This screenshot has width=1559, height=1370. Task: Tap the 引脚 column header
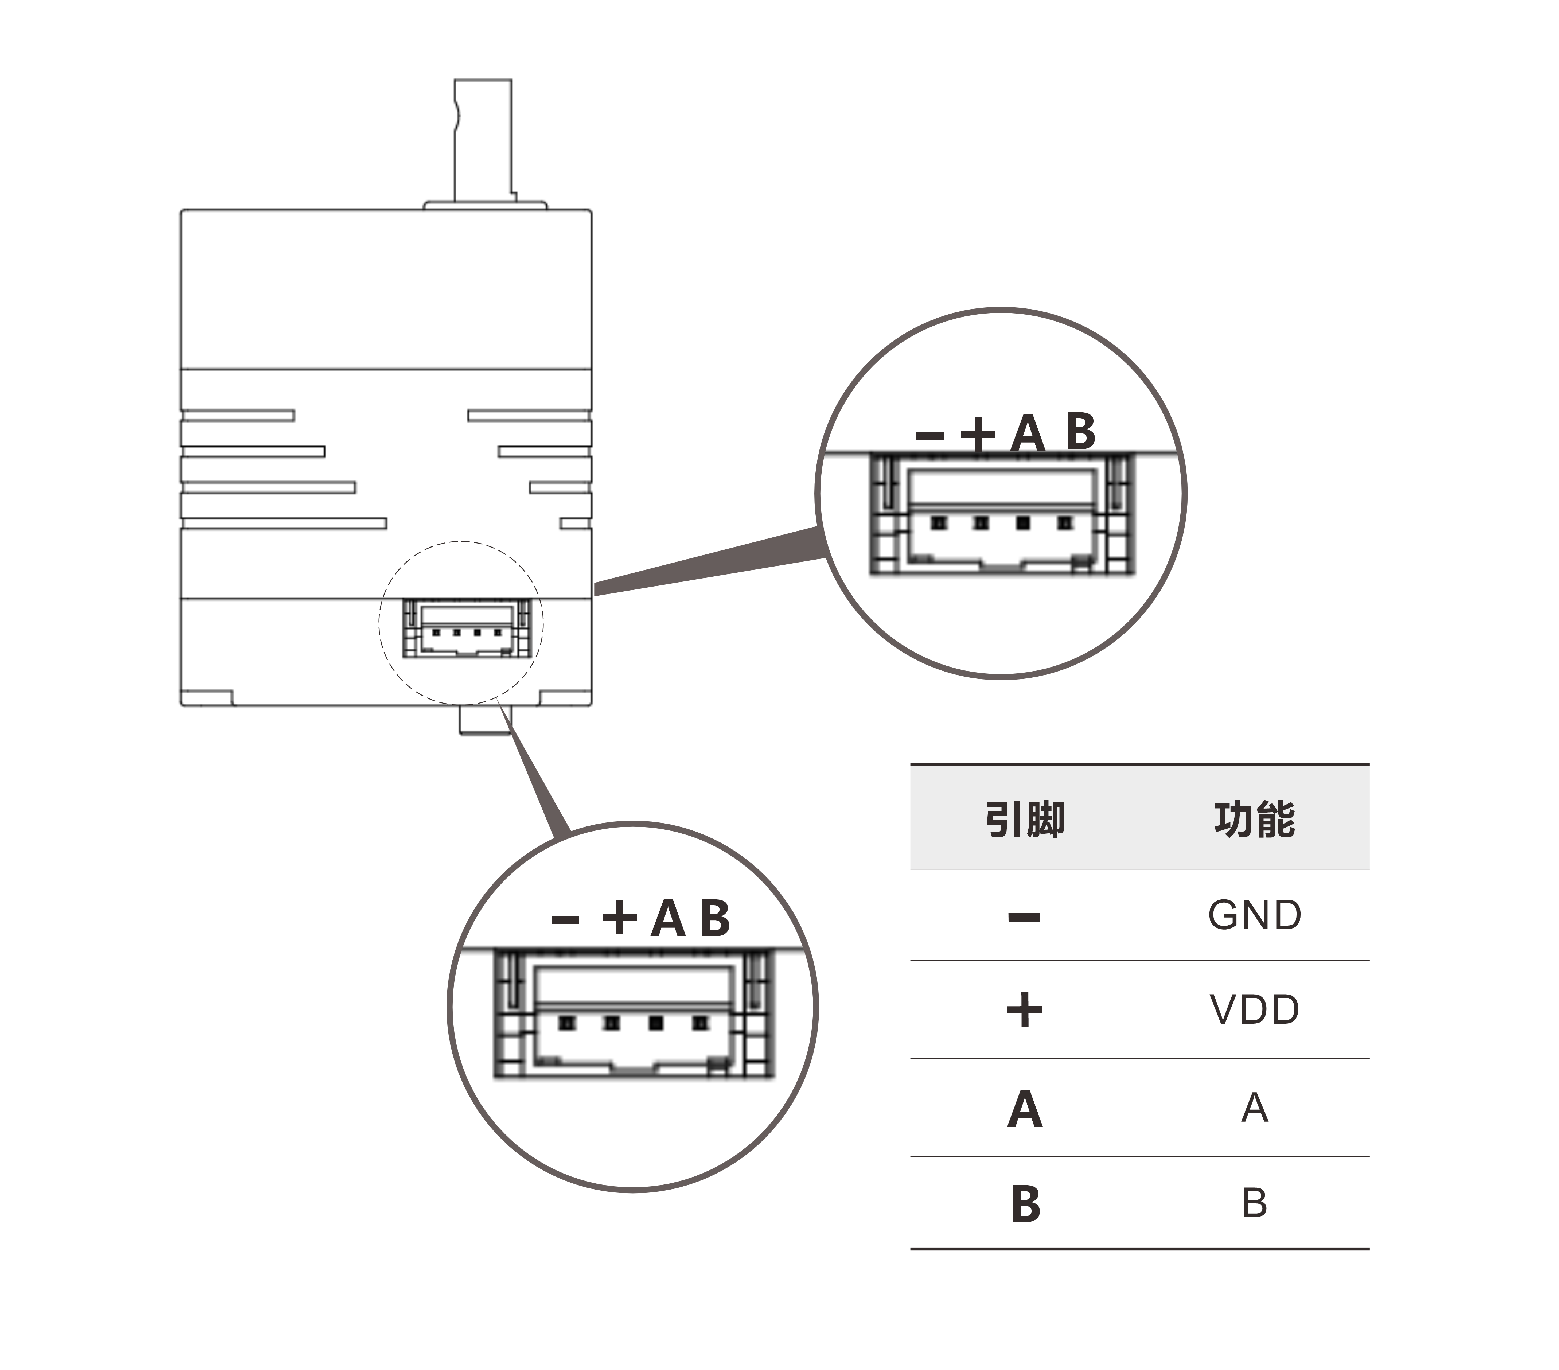pos(1024,820)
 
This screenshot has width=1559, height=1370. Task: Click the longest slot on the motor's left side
pos(284,523)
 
